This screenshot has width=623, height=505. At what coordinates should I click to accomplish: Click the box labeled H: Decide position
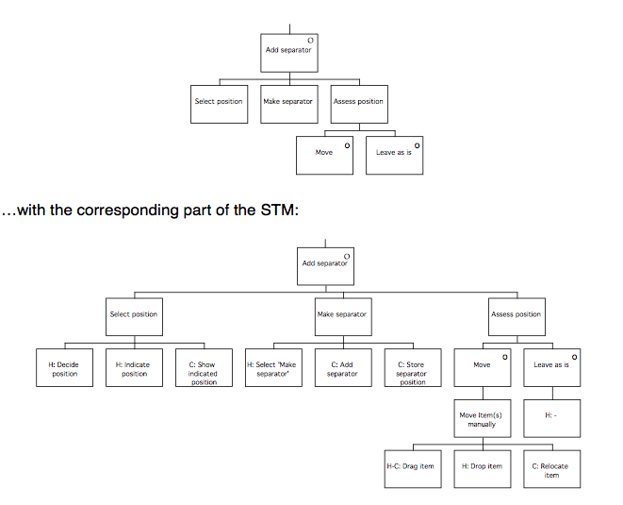(65, 368)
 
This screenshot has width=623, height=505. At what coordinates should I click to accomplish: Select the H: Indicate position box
(135, 368)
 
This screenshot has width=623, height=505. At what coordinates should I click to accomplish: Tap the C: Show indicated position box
(204, 368)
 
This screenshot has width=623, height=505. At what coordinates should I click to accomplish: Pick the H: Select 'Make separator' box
(273, 368)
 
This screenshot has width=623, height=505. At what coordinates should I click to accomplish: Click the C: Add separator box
(342, 368)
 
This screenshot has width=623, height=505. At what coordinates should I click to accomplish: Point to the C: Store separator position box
(412, 368)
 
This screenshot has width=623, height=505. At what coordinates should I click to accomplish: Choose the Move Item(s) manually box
(482, 418)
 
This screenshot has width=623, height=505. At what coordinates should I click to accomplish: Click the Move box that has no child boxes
(324, 156)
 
